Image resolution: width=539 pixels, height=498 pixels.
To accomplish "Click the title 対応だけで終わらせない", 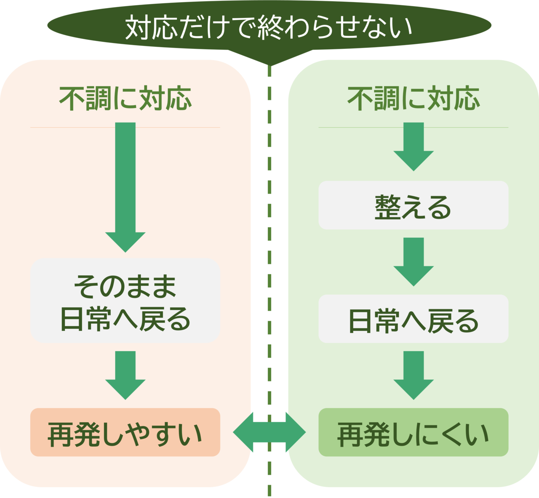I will click(x=269, y=27).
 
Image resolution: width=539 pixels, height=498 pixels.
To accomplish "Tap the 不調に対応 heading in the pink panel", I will click(x=125, y=99).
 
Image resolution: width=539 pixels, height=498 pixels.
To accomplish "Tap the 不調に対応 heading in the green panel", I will click(x=413, y=99).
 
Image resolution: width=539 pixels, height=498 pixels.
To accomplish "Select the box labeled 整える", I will click(x=413, y=205).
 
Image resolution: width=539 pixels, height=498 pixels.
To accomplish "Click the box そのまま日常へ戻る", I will click(x=125, y=300).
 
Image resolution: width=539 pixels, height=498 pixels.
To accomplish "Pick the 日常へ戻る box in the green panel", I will click(x=413, y=319).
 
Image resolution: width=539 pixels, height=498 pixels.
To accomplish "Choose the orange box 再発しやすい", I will click(x=125, y=432).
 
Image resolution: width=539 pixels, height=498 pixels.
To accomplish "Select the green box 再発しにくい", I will click(x=413, y=432).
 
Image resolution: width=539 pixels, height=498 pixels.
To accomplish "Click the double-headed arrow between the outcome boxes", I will click(x=269, y=432).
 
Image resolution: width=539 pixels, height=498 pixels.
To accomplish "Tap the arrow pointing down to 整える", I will click(x=413, y=146).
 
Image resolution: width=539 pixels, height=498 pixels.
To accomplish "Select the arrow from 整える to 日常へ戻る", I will click(x=413, y=261).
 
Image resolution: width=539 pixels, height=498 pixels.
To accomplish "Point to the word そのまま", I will click(x=125, y=287).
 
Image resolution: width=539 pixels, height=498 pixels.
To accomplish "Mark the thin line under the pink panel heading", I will click(x=125, y=127).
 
